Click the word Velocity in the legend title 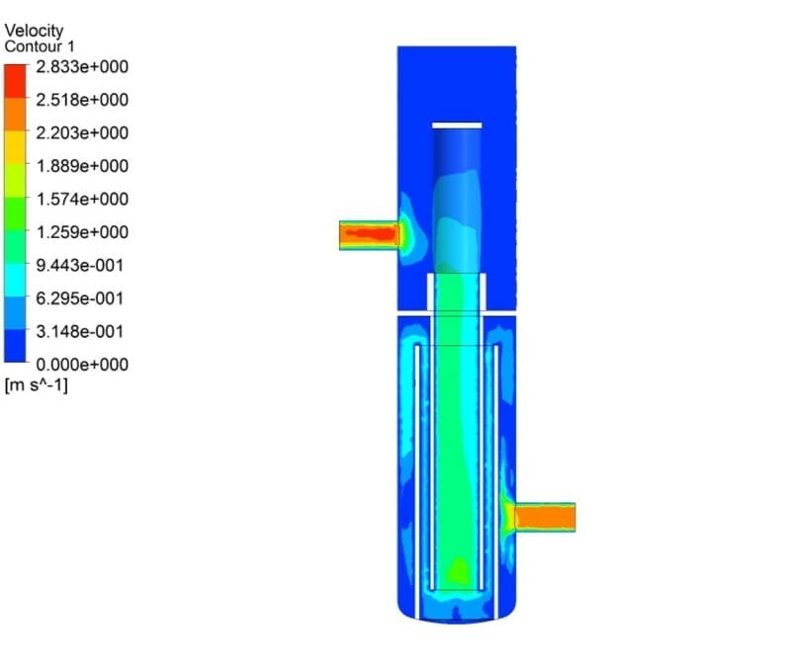[34, 31]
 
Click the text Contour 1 [40, 46]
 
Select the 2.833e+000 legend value [82, 66]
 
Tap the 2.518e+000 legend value [82, 100]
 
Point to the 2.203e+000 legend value [82, 133]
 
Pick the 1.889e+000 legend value [82, 166]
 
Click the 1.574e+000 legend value [82, 200]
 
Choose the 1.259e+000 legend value [82, 232]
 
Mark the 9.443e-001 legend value [80, 265]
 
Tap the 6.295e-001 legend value [80, 298]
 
